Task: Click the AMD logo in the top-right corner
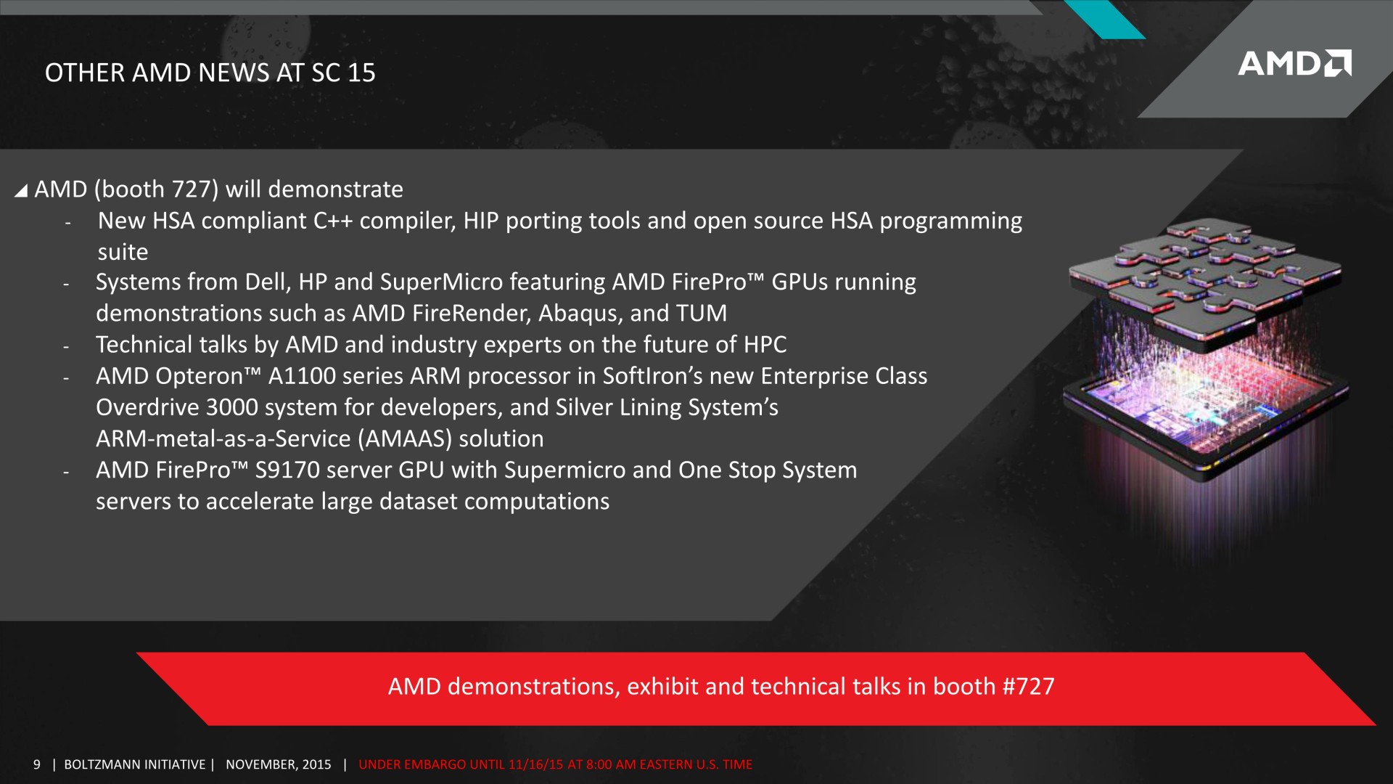click(x=1294, y=63)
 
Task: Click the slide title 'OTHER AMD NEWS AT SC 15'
click(x=210, y=73)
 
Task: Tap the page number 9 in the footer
click(x=37, y=764)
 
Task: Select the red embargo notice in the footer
click(x=555, y=764)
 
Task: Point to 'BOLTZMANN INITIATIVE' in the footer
click(x=135, y=764)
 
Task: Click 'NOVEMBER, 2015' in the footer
click(x=279, y=764)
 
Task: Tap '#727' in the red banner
click(x=1028, y=686)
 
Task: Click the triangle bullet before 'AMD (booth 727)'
click(x=21, y=190)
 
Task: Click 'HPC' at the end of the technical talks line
click(x=765, y=345)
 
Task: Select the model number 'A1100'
click(x=302, y=376)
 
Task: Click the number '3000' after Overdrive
click(x=232, y=407)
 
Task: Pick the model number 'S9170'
click(x=287, y=470)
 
